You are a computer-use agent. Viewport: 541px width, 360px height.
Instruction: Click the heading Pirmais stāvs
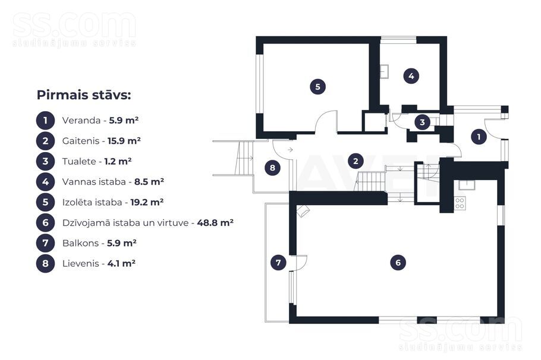click(83, 95)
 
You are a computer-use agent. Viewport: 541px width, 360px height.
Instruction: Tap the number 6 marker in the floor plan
click(397, 262)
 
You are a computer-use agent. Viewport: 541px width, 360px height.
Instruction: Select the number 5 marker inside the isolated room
click(318, 87)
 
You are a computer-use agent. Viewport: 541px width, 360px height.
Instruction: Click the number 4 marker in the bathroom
click(410, 76)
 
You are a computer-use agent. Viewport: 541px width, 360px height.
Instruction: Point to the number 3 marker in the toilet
click(422, 122)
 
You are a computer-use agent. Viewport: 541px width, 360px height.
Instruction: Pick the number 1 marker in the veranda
click(479, 137)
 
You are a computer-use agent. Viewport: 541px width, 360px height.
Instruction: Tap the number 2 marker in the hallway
click(356, 160)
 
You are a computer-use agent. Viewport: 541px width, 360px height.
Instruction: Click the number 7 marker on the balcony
click(278, 262)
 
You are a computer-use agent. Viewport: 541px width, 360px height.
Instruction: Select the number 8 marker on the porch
click(272, 168)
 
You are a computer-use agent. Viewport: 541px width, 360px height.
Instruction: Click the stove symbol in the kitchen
click(460, 203)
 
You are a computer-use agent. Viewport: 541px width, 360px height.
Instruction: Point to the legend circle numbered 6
click(45, 223)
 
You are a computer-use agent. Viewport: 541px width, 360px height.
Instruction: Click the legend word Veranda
click(80, 120)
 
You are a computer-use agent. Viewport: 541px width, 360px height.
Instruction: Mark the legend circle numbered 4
click(45, 182)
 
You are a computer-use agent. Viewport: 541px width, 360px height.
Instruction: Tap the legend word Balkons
click(80, 243)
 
